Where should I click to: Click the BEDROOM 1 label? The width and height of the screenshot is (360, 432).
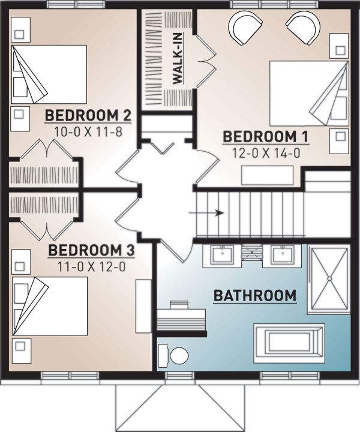[x=265, y=137]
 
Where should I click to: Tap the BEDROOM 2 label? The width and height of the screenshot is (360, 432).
[x=88, y=115]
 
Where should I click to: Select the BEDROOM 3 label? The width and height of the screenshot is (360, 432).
[x=91, y=250]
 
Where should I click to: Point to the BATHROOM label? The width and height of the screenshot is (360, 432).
[x=255, y=295]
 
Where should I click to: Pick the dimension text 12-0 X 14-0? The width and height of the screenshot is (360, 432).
[x=266, y=154]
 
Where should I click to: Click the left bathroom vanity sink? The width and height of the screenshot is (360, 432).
[x=223, y=255]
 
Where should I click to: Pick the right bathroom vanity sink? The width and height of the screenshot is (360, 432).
[x=281, y=255]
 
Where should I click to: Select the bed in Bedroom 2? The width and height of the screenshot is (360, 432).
[x=49, y=74]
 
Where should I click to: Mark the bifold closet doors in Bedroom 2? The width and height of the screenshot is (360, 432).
[x=47, y=151]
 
